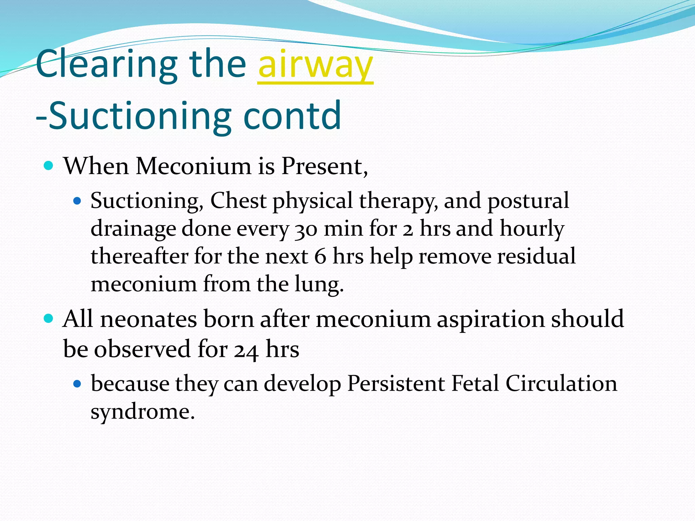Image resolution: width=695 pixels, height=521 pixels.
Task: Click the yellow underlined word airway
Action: [315, 64]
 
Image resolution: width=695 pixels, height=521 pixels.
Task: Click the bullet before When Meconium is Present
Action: [49, 166]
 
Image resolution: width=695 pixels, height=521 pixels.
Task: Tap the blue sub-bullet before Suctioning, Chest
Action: [77, 201]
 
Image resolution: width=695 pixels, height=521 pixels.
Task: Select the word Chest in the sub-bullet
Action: [238, 200]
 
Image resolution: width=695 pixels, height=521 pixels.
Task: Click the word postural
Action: [528, 201]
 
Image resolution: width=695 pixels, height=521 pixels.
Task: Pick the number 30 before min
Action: [306, 229]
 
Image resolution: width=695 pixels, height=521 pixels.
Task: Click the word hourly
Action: [532, 229]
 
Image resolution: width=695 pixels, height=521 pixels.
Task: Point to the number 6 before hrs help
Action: [320, 256]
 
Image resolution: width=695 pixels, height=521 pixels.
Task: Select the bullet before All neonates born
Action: [49, 319]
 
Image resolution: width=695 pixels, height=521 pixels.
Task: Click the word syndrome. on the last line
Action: [143, 412]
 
